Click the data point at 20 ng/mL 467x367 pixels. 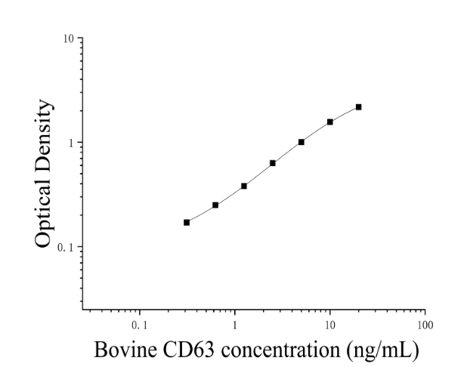359,107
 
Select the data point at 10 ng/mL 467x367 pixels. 330,122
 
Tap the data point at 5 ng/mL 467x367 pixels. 302,142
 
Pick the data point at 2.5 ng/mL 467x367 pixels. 273,163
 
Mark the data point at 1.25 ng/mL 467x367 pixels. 244,186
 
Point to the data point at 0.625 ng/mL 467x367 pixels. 215,205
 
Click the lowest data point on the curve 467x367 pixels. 187,222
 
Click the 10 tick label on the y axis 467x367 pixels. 69,39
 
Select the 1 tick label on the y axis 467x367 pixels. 71,143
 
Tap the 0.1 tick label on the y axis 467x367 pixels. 66,248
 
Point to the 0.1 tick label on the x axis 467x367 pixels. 139,325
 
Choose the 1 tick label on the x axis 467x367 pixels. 235,325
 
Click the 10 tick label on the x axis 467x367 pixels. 329,325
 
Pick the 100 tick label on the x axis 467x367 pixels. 425,325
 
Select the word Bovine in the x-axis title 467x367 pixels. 125,350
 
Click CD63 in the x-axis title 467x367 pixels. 188,350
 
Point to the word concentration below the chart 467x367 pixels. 280,350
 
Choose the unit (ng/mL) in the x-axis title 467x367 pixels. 382,350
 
